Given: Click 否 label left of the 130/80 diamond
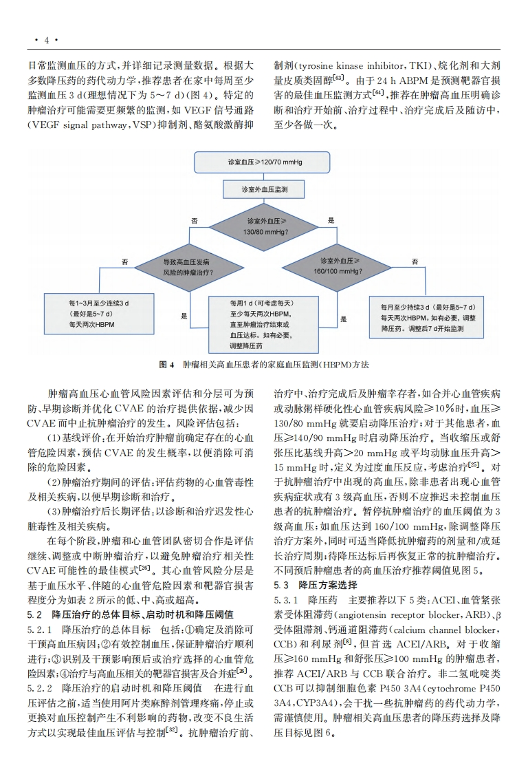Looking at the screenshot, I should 195,220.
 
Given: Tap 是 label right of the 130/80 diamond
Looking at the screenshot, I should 331,220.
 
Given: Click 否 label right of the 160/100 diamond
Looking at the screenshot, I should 415,261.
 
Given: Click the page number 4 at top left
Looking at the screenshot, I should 47,40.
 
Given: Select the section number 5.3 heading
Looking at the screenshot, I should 281,586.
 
